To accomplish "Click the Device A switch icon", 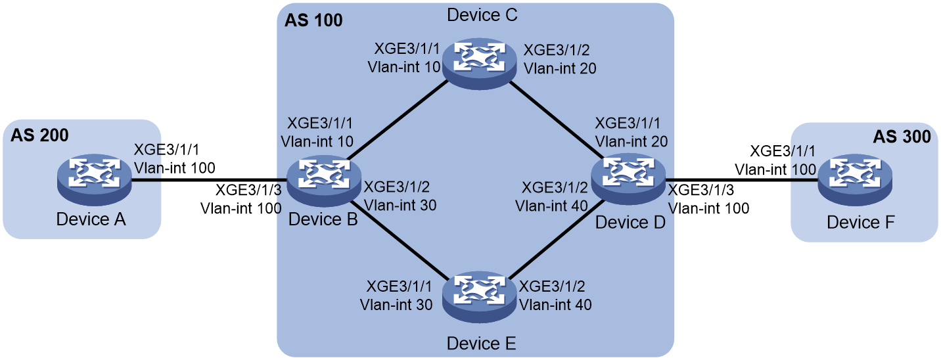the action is (x=95, y=180).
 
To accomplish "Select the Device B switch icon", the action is (x=324, y=181).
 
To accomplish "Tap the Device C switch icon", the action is (x=479, y=64).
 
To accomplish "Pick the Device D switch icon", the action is (x=628, y=179).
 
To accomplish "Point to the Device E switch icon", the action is (x=479, y=298).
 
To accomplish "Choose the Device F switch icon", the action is (x=855, y=180).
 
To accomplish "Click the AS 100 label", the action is (x=313, y=20).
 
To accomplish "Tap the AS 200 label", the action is (x=39, y=135).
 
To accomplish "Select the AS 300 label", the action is (x=902, y=137).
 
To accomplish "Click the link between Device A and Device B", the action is (x=209, y=181).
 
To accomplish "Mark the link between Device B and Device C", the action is (x=397, y=120).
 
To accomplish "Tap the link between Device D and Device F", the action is (x=741, y=181).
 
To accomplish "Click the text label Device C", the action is (x=482, y=15).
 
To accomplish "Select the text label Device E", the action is (x=481, y=344).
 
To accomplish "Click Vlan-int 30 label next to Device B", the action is (x=400, y=205).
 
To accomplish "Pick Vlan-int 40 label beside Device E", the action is (x=555, y=305).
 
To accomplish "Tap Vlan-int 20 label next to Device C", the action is (x=560, y=68).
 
